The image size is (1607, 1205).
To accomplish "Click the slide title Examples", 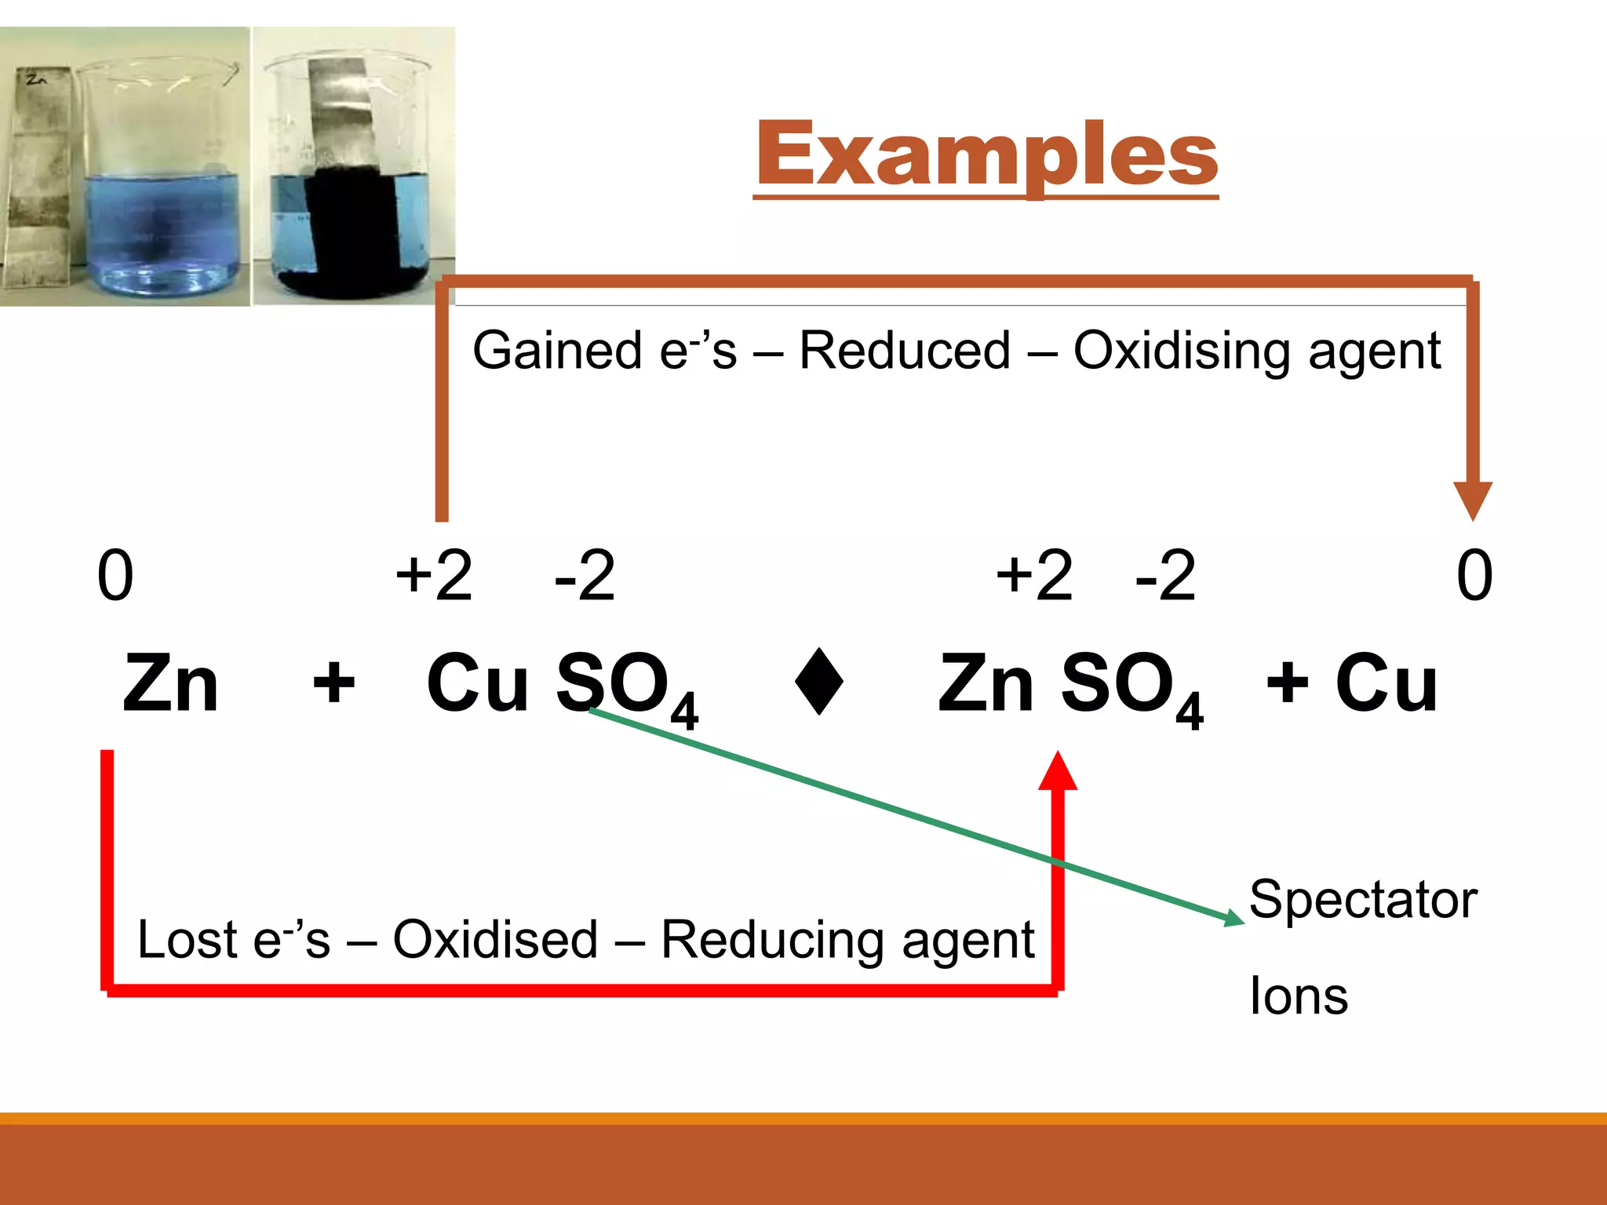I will click(986, 155).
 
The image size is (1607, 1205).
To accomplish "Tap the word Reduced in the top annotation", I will click(905, 350).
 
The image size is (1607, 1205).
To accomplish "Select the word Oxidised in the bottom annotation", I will click(495, 939).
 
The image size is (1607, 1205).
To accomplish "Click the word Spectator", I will click(1363, 899).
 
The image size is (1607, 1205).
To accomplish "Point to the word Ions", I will click(1299, 996).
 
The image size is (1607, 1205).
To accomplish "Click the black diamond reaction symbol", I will click(819, 681).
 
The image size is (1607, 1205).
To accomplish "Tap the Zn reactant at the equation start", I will click(171, 684).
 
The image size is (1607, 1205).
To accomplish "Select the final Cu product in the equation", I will click(1387, 684).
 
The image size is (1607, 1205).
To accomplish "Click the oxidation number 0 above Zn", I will click(115, 575).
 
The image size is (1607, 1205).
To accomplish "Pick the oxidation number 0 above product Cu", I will click(1474, 575).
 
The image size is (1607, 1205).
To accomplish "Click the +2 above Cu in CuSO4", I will click(434, 575).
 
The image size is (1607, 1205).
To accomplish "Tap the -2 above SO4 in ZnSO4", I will click(1165, 575).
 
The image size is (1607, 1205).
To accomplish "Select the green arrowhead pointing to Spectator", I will click(1233, 917).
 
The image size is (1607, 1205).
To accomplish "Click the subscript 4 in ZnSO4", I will click(1190, 712).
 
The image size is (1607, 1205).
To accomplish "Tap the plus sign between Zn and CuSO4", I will click(334, 683).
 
